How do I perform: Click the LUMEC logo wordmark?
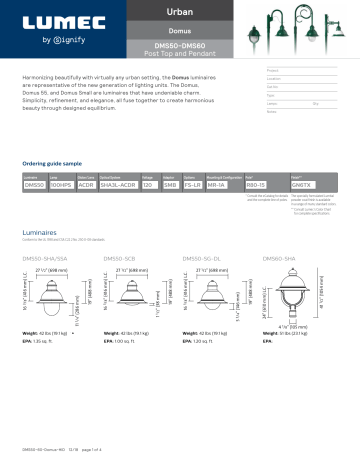coord(59,22)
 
